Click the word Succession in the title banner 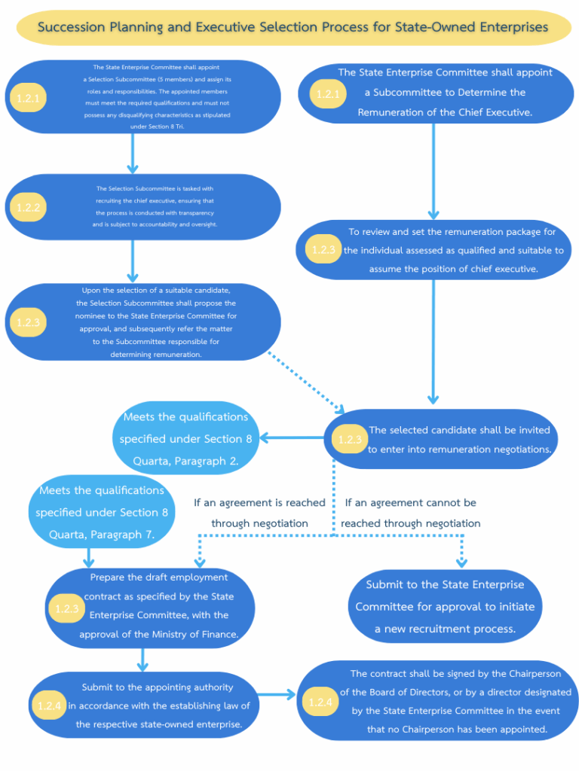[x=72, y=27]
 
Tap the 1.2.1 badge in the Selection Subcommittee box [x=28, y=98]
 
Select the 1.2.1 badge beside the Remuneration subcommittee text [x=328, y=94]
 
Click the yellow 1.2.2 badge [x=28, y=207]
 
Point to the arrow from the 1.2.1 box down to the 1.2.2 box [x=133, y=154]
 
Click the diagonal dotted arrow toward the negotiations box [x=306, y=382]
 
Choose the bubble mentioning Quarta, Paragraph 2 [x=185, y=439]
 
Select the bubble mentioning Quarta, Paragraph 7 [x=102, y=512]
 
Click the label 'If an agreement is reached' [x=259, y=513]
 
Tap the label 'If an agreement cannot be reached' [x=411, y=513]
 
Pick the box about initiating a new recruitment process [x=445, y=606]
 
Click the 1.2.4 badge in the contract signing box [x=320, y=702]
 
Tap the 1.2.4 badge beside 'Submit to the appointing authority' [x=49, y=705]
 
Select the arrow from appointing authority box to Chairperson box [x=277, y=695]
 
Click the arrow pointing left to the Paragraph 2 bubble [x=292, y=437]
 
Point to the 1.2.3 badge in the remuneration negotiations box [x=350, y=439]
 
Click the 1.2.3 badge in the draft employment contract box [x=66, y=608]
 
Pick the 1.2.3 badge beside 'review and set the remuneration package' [x=323, y=249]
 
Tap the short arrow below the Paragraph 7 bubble [x=89, y=558]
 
